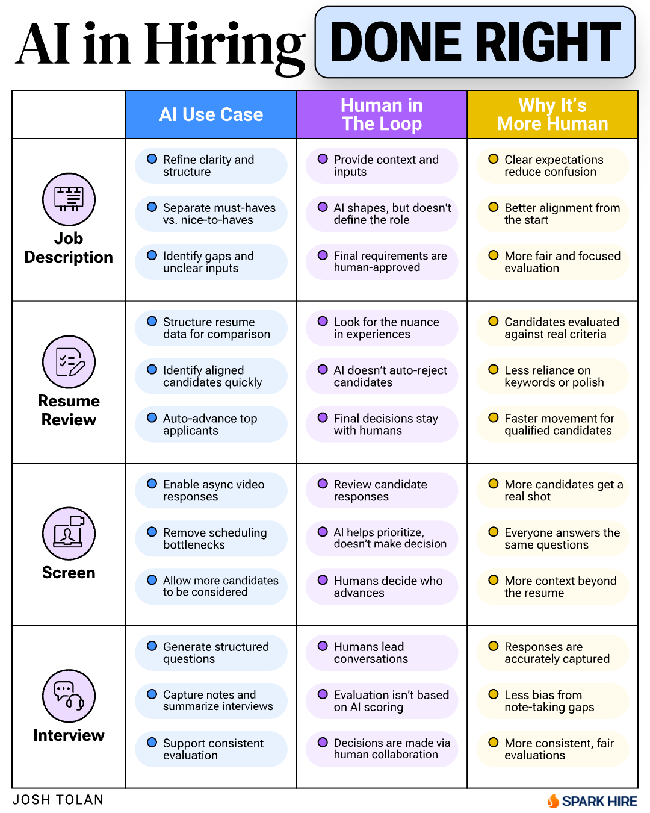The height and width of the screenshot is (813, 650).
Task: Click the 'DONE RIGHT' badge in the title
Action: [x=475, y=42]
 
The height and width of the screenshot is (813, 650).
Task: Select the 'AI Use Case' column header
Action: [x=211, y=114]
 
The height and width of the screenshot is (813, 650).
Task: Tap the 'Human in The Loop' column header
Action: [x=382, y=114]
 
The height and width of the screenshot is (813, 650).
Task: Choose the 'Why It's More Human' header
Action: [x=552, y=114]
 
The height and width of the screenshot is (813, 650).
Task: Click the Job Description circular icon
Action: [x=69, y=199]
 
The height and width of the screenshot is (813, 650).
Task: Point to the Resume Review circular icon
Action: [x=69, y=362]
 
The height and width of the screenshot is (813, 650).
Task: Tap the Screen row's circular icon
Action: [x=69, y=534]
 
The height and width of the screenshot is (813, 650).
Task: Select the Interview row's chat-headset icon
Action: [x=69, y=696]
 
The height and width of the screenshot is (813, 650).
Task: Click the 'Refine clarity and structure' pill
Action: [x=211, y=166]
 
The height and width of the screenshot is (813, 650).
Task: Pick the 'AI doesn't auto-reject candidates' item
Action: [x=382, y=376]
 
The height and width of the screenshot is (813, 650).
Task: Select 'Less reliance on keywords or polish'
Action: [x=552, y=376]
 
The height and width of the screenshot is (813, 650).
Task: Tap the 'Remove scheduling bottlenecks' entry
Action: [x=211, y=538]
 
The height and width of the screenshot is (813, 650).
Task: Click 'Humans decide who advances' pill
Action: [x=382, y=587]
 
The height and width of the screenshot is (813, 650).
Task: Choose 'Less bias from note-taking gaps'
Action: [x=552, y=701]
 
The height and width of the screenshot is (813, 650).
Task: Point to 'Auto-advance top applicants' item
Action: [x=211, y=424]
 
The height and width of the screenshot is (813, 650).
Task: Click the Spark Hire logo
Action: [x=592, y=801]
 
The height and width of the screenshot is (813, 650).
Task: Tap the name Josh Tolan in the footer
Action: [x=58, y=800]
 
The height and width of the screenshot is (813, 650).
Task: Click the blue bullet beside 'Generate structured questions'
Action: [x=152, y=646]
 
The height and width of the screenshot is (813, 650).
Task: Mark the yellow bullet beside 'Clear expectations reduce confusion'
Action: [x=494, y=158]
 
